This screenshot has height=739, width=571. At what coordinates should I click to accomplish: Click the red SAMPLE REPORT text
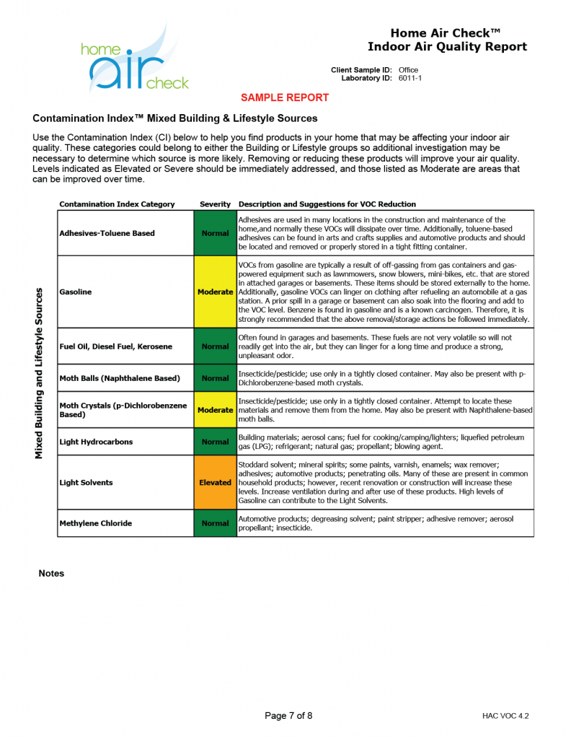pos(285,97)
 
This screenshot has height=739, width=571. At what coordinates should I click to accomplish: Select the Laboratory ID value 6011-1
pos(410,78)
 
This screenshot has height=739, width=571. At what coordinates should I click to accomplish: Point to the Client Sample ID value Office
pos(408,70)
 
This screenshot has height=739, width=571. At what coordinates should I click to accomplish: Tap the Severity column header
pos(215,204)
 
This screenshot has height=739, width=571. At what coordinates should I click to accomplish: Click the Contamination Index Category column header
pos(117,204)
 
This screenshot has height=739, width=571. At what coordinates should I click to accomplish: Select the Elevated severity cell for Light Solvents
pos(215,482)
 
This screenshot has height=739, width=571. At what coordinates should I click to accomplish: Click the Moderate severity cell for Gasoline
pos(215,292)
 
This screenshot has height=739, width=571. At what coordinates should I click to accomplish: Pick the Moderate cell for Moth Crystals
pos(215,410)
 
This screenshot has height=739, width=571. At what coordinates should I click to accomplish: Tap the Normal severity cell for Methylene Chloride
pos(215,523)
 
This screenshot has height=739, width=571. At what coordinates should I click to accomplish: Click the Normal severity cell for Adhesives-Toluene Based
pos(215,233)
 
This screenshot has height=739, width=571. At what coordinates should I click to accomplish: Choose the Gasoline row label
pos(75,292)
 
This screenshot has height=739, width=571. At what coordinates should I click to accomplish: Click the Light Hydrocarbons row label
pos(96,442)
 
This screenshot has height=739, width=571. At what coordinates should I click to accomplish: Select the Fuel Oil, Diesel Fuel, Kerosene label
pos(116,346)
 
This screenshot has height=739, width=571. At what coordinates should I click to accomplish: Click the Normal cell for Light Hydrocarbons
pos(215,442)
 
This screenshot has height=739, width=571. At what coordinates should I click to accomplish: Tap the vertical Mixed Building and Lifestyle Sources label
pos(40,373)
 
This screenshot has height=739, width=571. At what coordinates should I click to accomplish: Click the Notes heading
pos(51,574)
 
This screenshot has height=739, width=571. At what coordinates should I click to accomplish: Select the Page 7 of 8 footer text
pos(288,716)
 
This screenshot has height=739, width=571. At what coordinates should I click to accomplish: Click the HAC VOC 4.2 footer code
pos(505,716)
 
